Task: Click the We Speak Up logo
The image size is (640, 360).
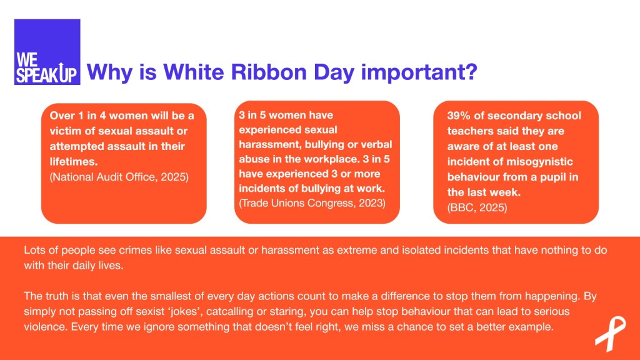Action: [47, 52]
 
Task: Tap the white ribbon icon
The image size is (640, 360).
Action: [610, 334]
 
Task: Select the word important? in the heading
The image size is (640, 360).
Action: [419, 72]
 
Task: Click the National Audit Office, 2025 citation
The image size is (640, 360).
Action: [119, 177]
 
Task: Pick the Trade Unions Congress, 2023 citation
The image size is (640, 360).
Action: [312, 203]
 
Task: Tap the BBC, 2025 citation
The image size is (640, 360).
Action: [477, 207]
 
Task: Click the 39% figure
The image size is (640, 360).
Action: [459, 116]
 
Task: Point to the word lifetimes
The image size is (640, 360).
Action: [74, 162]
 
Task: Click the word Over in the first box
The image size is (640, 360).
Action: [62, 116]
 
